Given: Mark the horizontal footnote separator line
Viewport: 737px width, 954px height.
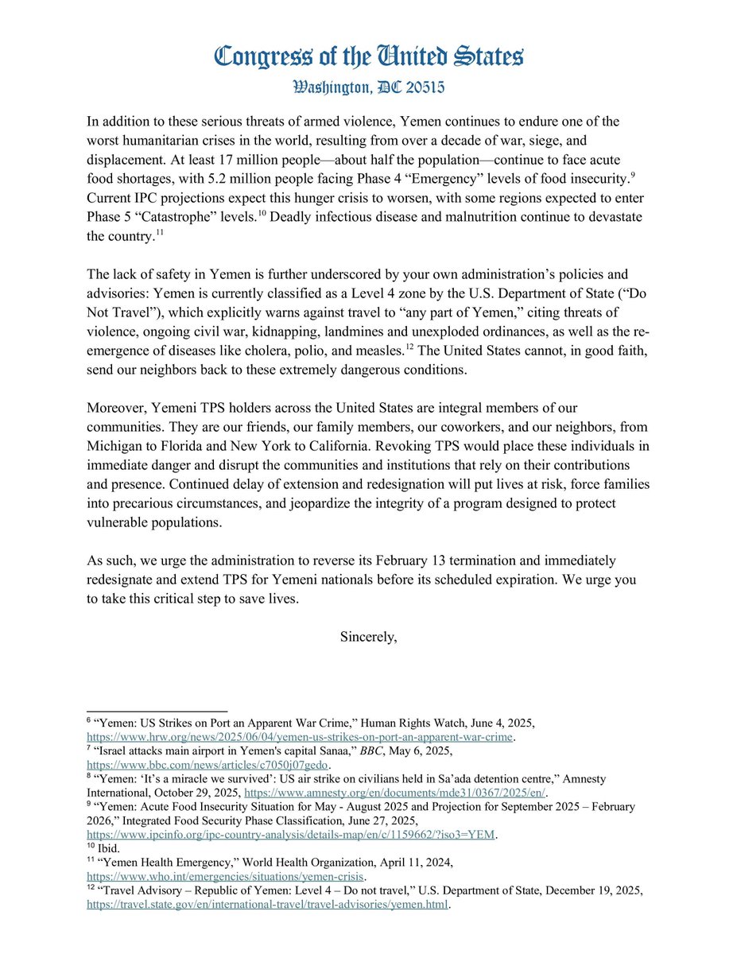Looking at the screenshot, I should (x=157, y=712).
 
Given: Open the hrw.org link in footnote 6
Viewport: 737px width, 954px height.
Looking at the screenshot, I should (x=300, y=737).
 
